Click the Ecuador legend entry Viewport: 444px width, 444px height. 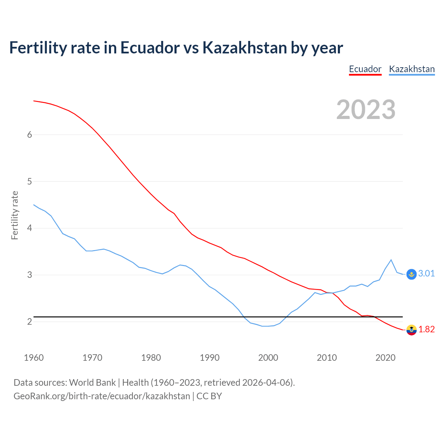[x=365, y=69]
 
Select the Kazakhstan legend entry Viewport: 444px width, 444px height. [x=412, y=69]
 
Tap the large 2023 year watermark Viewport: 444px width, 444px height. [x=366, y=110]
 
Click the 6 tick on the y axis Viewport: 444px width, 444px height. [x=29, y=135]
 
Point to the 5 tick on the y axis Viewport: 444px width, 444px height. [x=29, y=181]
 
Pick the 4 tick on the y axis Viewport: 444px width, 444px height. [x=29, y=228]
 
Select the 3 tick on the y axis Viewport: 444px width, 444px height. [x=29, y=275]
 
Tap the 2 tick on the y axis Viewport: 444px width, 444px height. [x=29, y=322]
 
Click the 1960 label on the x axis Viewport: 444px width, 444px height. [x=34, y=358]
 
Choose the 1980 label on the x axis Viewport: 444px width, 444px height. [x=151, y=358]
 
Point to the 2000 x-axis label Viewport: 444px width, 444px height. [x=268, y=358]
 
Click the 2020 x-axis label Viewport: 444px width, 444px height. [x=385, y=358]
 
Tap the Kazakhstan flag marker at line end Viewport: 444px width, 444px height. [x=411, y=274]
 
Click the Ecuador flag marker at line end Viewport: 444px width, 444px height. [x=411, y=330]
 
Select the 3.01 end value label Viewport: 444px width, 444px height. [x=426, y=274]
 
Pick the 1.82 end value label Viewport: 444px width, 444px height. [x=426, y=330]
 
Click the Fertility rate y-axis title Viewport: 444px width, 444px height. [x=15, y=215]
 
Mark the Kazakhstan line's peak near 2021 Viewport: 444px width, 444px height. [x=391, y=260]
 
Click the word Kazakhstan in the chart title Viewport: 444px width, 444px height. [x=245, y=48]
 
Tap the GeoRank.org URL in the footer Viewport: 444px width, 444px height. [x=102, y=396]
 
